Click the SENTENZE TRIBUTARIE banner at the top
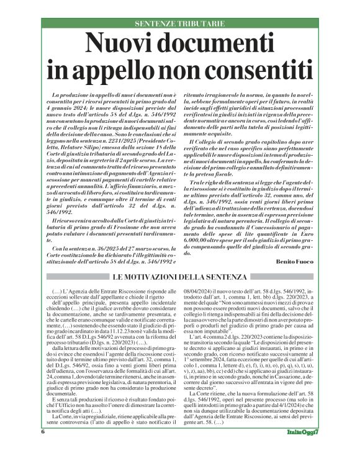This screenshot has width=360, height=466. click(180, 23)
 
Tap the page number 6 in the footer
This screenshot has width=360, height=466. click(43, 450)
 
